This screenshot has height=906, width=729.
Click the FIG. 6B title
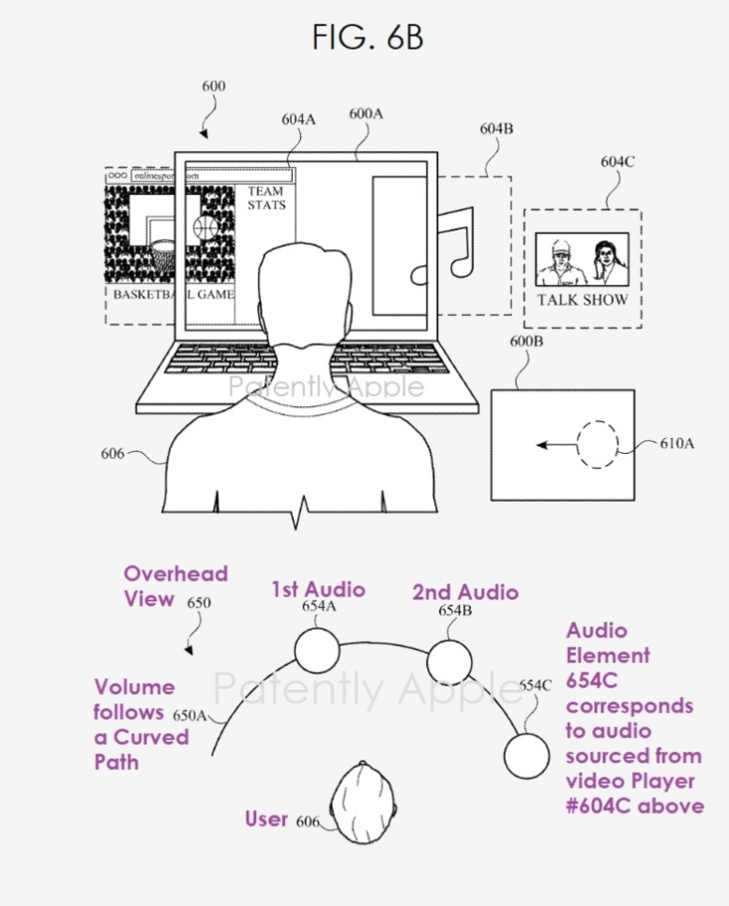click(368, 37)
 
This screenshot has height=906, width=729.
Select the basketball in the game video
click(205, 228)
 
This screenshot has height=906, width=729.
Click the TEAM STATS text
click(266, 198)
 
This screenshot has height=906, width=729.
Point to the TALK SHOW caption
click(583, 300)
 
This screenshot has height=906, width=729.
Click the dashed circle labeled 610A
click(597, 445)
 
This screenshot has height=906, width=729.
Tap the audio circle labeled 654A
click(317, 651)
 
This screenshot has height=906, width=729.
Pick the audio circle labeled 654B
click(448, 662)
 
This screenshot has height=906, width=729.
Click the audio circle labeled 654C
click(526, 752)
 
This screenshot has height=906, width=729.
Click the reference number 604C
click(617, 162)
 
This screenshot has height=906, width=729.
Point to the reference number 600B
click(526, 342)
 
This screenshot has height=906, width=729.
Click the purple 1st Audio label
click(318, 589)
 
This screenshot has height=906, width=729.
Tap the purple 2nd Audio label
click(465, 592)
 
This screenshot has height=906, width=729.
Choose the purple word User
click(266, 819)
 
